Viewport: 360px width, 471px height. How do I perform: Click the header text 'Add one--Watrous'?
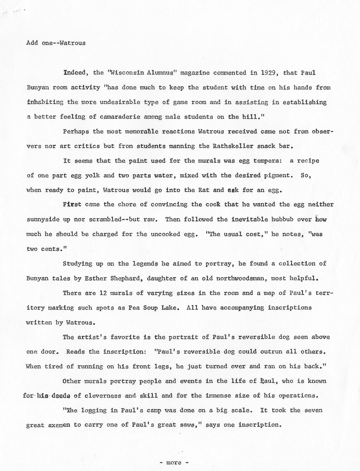tap(56, 43)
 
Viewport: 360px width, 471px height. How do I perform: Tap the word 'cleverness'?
tap(103, 396)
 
